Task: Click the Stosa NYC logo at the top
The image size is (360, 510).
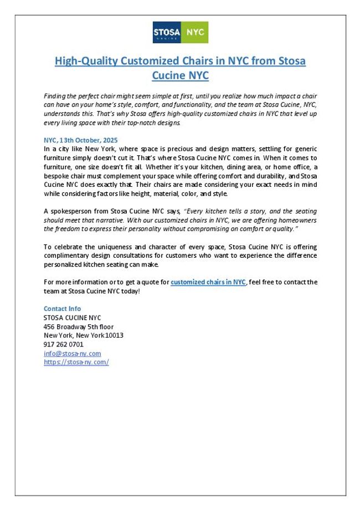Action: tap(180, 32)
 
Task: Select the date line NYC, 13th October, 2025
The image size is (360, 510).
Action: tap(81, 140)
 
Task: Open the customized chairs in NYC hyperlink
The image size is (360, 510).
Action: tap(208, 282)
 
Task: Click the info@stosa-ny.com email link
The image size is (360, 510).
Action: tap(72, 353)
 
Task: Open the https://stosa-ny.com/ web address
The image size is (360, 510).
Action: tap(76, 362)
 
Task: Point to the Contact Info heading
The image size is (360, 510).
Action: tap(62, 309)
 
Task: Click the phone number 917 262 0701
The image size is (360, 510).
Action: tap(64, 344)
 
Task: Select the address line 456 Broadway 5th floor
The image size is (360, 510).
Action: tap(79, 327)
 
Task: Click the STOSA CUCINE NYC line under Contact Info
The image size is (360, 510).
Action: tap(72, 318)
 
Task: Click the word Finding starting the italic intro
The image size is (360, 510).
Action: tap(56, 96)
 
